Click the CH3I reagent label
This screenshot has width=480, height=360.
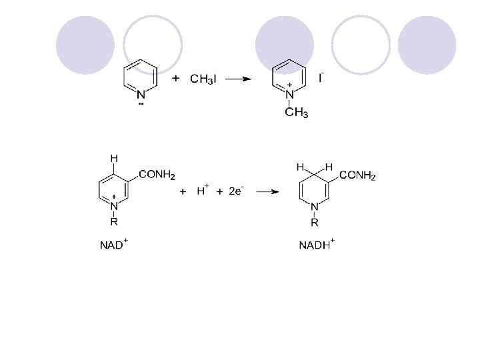(x=203, y=80)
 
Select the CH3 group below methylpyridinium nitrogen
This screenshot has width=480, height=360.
(x=296, y=113)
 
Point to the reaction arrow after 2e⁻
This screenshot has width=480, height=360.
(x=268, y=192)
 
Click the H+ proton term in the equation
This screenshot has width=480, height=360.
(x=203, y=191)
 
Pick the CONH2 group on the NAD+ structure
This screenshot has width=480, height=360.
(x=157, y=176)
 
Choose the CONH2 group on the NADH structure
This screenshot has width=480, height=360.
(x=358, y=176)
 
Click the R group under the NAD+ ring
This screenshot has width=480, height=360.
(x=114, y=222)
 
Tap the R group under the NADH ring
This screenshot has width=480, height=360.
(x=315, y=222)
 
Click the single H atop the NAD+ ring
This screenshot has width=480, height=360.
(x=114, y=159)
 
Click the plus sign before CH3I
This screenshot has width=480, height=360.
(x=176, y=79)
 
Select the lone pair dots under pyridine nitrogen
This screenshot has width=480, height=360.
(x=141, y=104)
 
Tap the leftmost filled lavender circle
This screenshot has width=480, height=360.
(x=85, y=45)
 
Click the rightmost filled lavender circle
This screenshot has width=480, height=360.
(x=427, y=45)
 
